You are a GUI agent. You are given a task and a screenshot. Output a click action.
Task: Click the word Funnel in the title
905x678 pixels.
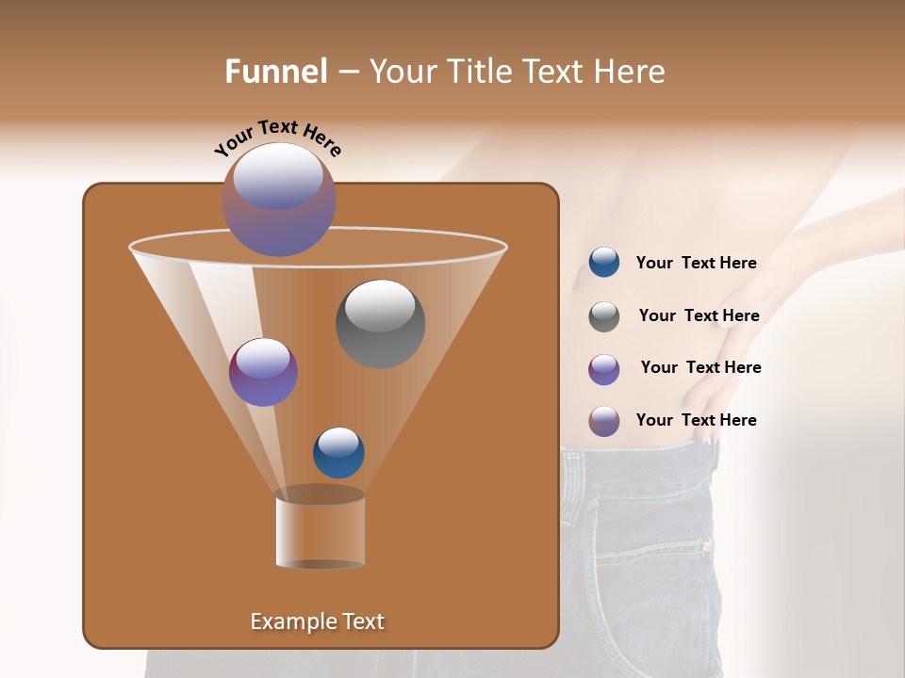276,72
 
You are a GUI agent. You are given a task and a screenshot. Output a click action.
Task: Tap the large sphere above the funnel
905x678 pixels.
279,199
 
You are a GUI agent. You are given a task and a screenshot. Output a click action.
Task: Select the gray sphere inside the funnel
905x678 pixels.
381,323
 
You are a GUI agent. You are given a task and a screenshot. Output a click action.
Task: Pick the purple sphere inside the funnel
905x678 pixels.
263,372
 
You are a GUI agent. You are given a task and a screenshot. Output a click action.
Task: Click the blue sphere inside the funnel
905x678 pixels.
338,452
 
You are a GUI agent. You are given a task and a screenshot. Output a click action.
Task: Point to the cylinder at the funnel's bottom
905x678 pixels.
321,529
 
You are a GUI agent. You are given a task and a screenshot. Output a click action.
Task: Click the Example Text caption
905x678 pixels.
317,621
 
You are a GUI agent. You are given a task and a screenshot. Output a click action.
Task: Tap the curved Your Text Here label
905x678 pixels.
277,137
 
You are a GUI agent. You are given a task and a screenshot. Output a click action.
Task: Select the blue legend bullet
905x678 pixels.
604,263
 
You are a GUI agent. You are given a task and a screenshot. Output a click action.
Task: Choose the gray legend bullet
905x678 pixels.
604,315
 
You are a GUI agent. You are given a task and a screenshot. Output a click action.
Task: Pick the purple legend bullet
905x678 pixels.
604,368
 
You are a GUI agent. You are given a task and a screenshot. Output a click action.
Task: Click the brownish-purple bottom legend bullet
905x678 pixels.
604,421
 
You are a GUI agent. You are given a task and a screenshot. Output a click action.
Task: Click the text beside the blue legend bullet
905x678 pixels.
696,264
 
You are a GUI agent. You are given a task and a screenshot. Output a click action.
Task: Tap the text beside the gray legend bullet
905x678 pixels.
699,316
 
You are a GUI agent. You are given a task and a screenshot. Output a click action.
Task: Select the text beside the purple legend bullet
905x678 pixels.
700,368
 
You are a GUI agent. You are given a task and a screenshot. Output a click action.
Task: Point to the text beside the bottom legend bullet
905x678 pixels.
696,421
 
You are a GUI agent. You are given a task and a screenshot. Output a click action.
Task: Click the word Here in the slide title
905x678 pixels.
630,72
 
